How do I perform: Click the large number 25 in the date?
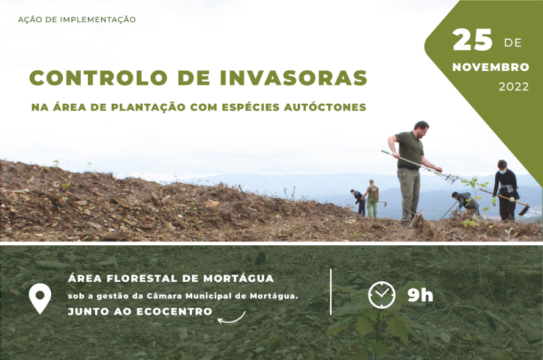tap(472, 40)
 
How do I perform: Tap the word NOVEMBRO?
tap(491, 67)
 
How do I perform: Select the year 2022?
tap(514, 87)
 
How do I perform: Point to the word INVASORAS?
tap(293, 77)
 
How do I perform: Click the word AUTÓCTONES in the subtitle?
tap(325, 107)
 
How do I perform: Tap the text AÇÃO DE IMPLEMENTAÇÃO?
tap(77, 20)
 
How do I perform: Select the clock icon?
tap(381, 295)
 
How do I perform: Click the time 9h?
tap(420, 295)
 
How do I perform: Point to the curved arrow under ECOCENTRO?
tap(231, 319)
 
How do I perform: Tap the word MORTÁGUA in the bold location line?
tap(239, 278)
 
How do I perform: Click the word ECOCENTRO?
tap(174, 312)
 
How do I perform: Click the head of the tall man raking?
tap(422, 129)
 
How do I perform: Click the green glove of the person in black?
tap(494, 201)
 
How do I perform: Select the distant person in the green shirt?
tap(372, 198)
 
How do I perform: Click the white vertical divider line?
tap(331, 292)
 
